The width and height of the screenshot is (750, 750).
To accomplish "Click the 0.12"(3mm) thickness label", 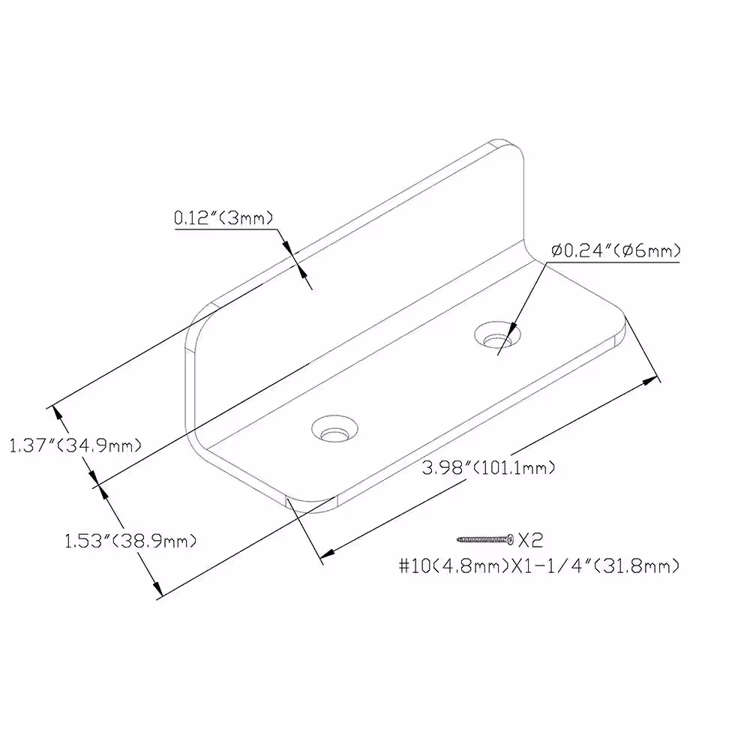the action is [x=223, y=218].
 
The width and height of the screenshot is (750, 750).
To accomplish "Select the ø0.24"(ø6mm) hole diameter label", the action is [x=616, y=250].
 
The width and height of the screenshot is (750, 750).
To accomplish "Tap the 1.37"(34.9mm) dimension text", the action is [x=76, y=445].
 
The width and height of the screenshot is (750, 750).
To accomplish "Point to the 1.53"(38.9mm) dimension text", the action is [x=130, y=541].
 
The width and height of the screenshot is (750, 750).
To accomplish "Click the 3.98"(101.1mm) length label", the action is [x=488, y=467].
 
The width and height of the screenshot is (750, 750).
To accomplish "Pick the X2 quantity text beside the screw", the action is [x=531, y=541].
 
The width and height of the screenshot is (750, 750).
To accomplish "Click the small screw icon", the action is [x=485, y=540].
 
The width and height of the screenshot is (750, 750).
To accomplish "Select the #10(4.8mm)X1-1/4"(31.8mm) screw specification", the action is [x=539, y=566].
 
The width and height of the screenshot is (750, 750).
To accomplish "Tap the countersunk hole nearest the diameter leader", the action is [x=497, y=334].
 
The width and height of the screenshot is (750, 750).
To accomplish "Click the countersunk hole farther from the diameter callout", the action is [x=334, y=428].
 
